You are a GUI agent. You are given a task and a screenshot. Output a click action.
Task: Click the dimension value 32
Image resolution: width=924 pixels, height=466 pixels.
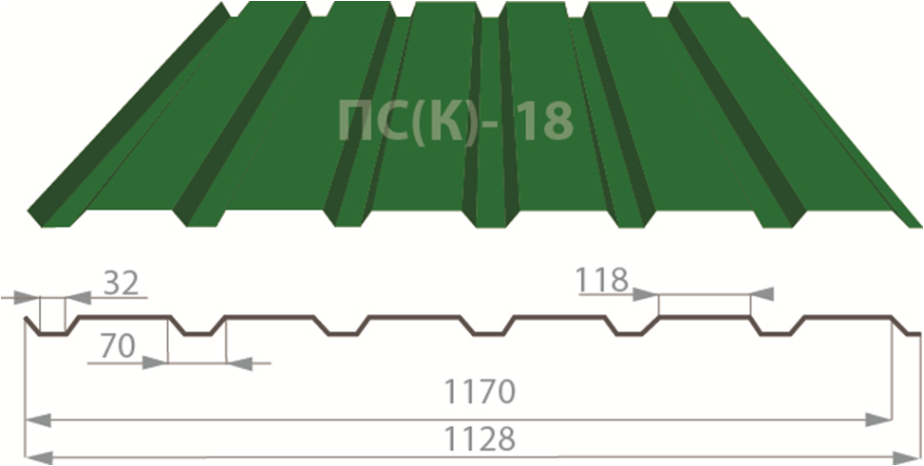coord(120,283)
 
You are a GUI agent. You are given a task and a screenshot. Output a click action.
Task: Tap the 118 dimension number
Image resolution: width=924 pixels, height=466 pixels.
coord(601,279)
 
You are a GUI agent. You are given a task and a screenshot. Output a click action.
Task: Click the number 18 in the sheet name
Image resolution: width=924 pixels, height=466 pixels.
coord(547,121)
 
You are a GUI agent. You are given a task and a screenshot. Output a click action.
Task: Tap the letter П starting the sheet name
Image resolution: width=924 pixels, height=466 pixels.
coord(355,121)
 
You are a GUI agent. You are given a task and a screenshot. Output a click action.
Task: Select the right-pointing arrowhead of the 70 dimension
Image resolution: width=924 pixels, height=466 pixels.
coord(155,362)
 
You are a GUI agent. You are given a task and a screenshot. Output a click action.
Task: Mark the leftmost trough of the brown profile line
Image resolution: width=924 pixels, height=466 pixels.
coord(51,333)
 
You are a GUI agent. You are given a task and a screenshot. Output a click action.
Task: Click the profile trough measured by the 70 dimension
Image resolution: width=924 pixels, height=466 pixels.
coord(198,333)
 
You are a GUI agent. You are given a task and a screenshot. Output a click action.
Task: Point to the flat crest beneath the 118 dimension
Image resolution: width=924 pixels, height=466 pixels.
coord(704,317)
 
